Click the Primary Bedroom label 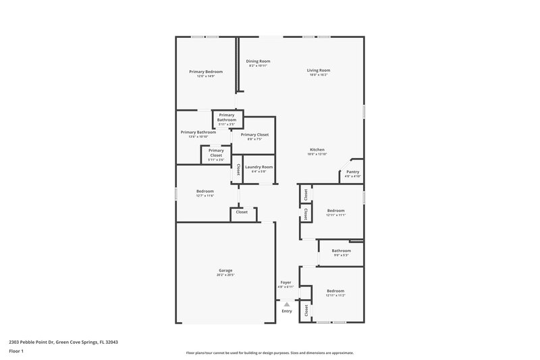tap(206, 72)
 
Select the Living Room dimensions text tap(318, 75)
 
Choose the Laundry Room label tap(259, 167)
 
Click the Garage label tap(225, 270)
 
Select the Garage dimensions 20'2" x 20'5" tap(225, 275)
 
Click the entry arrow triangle tap(286, 305)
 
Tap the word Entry tap(287, 311)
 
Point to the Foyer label tap(286, 282)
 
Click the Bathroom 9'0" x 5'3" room tap(341, 253)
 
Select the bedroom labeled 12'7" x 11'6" tap(205, 193)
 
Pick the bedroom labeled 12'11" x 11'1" tap(335, 213)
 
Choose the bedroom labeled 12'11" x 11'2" tap(335, 292)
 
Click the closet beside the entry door tap(306, 311)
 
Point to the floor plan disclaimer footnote tap(269, 353)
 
